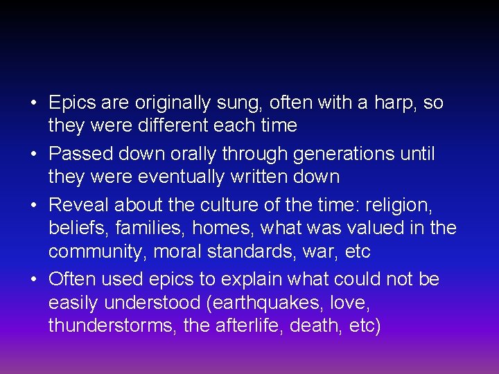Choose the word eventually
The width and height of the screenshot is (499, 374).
click(x=181, y=177)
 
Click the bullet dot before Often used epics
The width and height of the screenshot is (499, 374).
click(x=34, y=280)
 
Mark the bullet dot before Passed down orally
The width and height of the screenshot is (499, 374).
click(x=34, y=154)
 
